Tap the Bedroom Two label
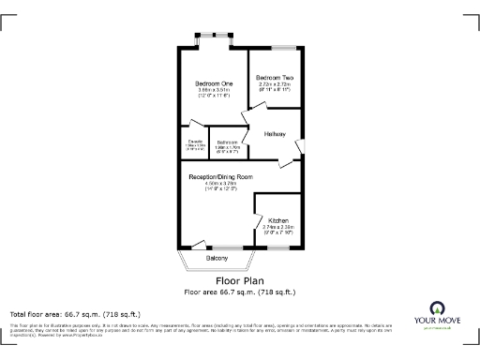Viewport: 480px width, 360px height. pos(276,77)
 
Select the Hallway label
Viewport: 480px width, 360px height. pos(275,134)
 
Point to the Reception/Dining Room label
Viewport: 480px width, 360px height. pos(221,176)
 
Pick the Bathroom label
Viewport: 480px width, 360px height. pos(229,142)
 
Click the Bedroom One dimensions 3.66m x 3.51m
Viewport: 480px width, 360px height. pos(212,91)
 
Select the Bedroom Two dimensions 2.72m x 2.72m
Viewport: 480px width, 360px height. pos(276,84)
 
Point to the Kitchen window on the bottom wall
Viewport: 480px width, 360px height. pos(278,247)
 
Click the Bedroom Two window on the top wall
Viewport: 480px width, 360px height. pos(285,46)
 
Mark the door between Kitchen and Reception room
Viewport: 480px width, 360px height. pos(258,225)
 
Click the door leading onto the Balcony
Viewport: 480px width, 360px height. pos(199,242)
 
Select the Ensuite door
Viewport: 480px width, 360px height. pos(195,125)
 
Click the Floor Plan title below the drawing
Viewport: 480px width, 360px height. pos(239,280)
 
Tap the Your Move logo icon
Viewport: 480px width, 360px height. pos(438,307)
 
